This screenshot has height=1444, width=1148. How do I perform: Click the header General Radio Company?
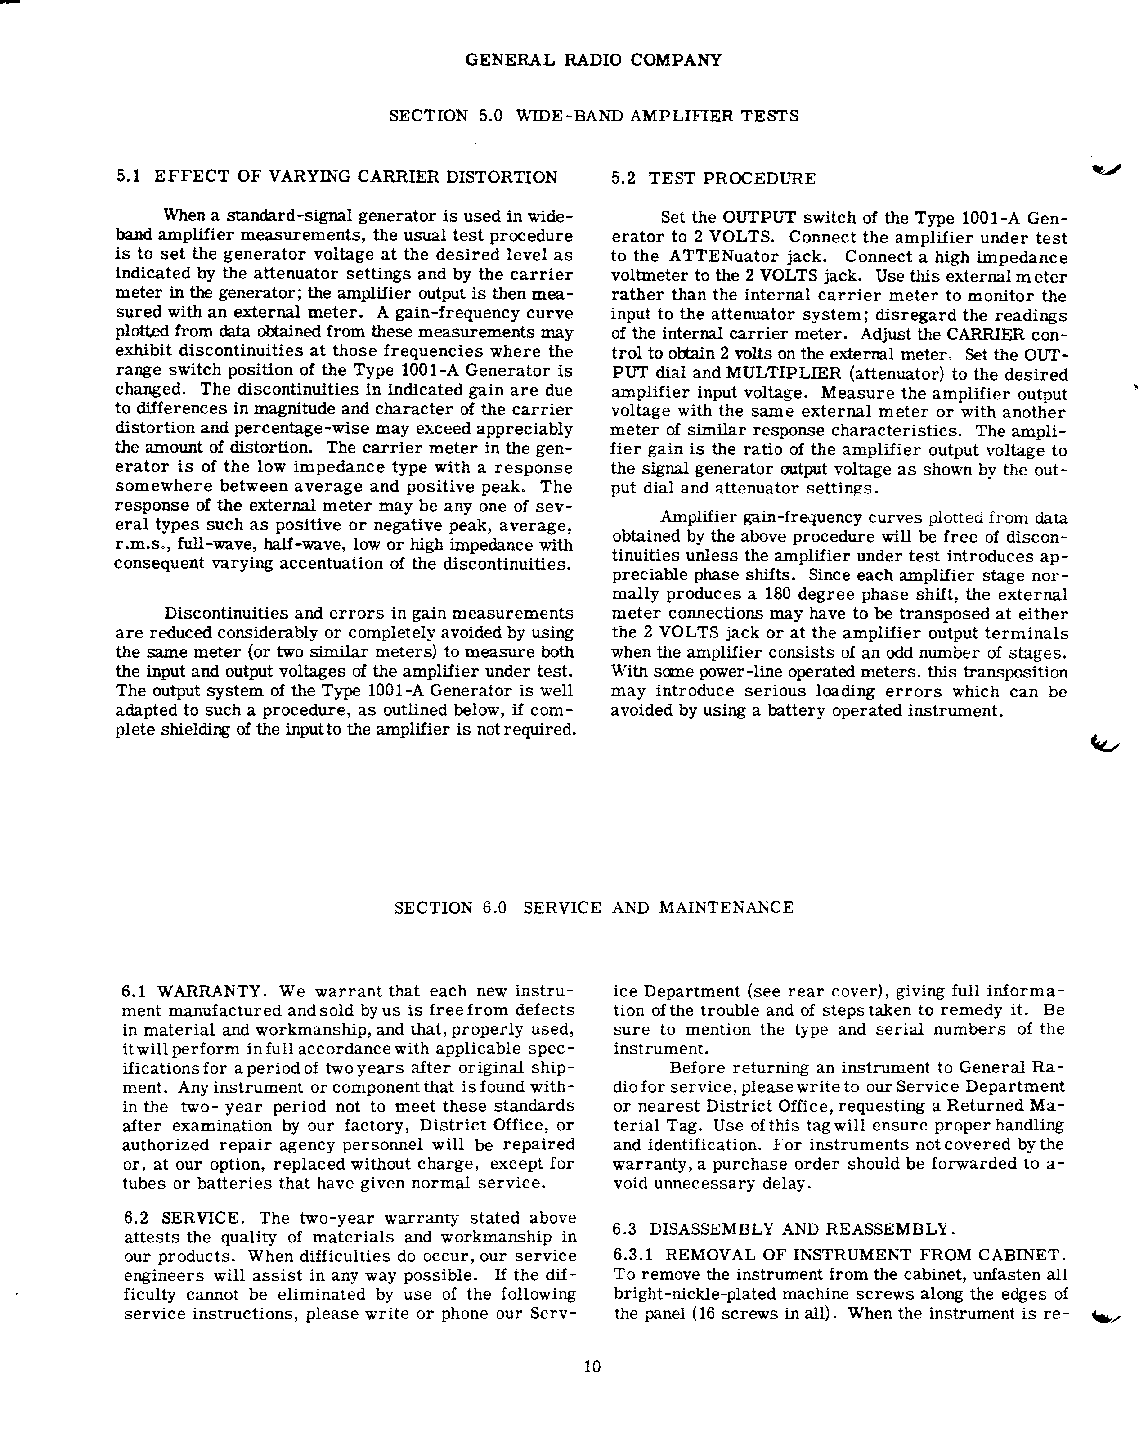pos(593,60)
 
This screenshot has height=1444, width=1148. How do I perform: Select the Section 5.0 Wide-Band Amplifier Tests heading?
pos(593,116)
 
